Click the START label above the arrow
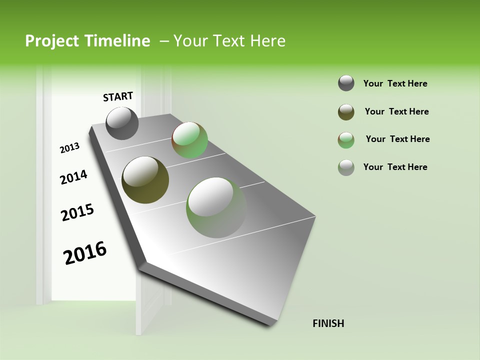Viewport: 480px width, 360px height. pos(118,96)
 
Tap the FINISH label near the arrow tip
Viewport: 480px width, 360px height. pos(328,323)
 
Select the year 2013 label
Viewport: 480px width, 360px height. pos(69,147)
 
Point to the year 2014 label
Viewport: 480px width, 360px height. pos(73,177)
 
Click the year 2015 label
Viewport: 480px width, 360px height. pos(77,212)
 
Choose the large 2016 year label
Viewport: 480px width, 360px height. pos(85,253)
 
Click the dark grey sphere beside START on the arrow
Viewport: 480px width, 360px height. pos(122,123)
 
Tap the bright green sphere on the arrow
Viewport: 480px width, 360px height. pos(189,140)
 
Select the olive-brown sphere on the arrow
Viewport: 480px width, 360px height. pos(145,180)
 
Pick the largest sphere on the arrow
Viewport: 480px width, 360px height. pos(216,207)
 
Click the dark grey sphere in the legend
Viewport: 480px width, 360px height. pos(346,83)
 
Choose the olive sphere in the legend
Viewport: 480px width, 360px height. pos(346,112)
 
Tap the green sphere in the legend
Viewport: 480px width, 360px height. pos(346,140)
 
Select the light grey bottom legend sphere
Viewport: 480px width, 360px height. pos(346,167)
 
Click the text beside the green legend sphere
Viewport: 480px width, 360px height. pos(397,139)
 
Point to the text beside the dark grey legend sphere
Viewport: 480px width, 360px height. pos(395,83)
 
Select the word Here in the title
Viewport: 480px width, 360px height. pos(267,41)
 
